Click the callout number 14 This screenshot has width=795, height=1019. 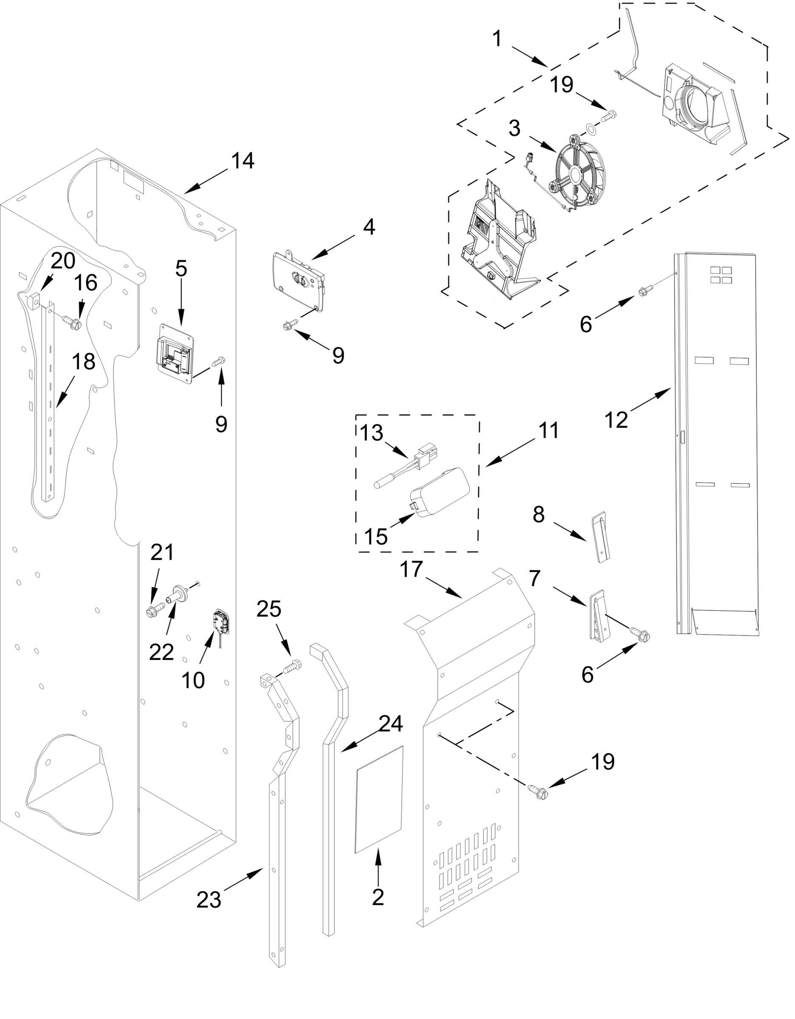click(242, 161)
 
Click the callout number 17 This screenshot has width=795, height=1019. click(411, 570)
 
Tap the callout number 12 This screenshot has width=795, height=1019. click(616, 419)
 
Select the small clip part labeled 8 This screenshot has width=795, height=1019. click(601, 538)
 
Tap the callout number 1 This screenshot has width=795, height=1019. click(497, 38)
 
